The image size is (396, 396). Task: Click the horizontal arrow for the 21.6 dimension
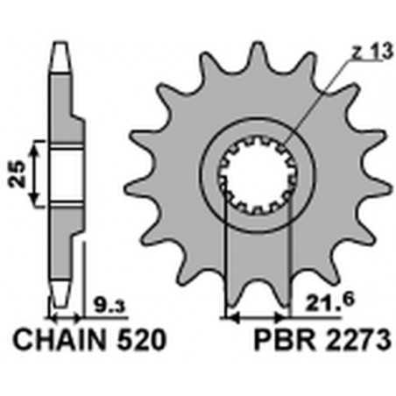click(256, 312)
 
